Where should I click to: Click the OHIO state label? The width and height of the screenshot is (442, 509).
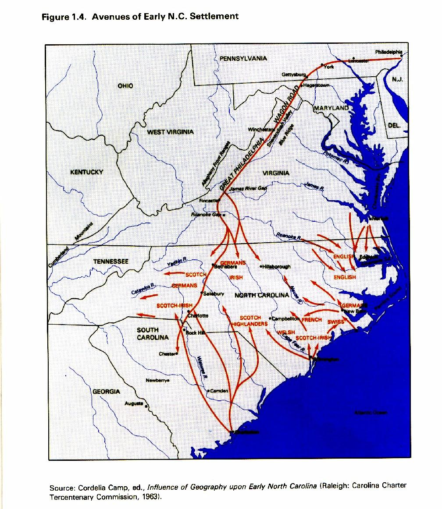pos(125,86)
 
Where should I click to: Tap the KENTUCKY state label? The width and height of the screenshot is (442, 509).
pos(87,172)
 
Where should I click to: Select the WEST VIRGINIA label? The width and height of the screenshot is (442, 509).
pos(170,132)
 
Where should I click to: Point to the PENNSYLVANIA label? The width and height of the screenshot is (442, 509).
pos(243,58)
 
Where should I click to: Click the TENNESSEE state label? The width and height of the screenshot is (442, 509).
pos(110,262)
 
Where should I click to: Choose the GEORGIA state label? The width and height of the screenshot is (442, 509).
pos(106,391)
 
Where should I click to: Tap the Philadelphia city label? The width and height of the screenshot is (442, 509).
pos(388,52)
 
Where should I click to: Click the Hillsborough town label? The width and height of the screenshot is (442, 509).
pos(276,266)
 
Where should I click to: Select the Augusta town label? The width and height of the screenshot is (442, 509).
pos(134,403)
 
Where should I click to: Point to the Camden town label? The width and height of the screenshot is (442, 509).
pos(219,391)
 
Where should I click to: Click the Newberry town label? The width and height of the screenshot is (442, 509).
pos(157,380)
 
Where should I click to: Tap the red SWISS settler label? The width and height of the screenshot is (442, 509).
pos(336,322)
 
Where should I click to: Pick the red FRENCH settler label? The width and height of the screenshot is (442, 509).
pos(312,320)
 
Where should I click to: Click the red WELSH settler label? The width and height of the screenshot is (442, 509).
pos(286,332)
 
